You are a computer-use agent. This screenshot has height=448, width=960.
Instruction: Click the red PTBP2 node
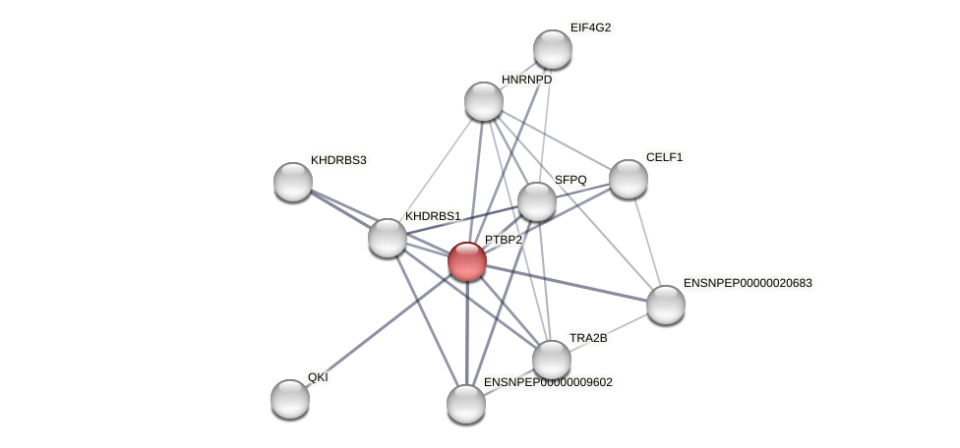point(467,261)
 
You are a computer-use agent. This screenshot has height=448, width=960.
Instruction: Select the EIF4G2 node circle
point(553,49)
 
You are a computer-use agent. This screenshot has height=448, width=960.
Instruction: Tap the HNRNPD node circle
point(484,101)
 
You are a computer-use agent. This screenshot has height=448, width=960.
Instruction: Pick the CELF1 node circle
point(629,179)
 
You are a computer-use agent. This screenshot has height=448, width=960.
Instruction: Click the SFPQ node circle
point(537,201)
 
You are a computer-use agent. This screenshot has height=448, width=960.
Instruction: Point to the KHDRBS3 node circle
point(293,182)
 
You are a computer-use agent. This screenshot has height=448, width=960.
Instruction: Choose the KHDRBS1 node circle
point(388,238)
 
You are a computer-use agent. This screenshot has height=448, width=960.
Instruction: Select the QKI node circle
point(290,398)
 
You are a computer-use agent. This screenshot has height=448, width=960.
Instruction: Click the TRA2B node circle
point(552,360)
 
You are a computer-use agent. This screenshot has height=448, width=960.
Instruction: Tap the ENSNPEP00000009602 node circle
point(466,403)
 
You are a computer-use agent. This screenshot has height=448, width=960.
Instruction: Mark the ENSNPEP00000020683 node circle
point(666,305)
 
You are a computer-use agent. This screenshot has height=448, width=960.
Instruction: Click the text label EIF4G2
point(590,28)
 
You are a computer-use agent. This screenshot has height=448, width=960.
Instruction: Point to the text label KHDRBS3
point(337,160)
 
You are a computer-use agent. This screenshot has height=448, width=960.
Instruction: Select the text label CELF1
point(664,157)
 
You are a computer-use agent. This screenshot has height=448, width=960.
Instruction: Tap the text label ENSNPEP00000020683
point(748,283)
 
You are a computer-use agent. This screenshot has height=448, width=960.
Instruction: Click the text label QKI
point(318,377)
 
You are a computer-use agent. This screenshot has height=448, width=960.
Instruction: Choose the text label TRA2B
point(588,338)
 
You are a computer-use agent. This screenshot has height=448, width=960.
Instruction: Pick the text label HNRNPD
point(526,80)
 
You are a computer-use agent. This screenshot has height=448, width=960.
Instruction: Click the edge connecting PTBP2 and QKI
point(379,329)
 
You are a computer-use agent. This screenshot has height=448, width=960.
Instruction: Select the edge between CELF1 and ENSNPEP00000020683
point(647,242)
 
